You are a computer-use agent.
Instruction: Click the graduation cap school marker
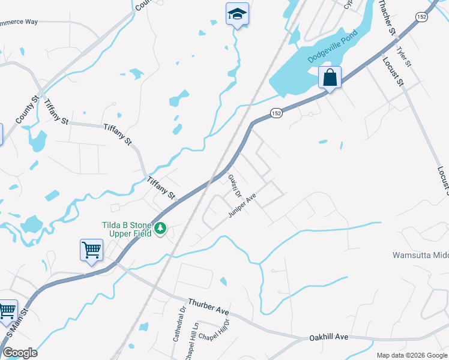point(237,14)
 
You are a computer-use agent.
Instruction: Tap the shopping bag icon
point(330,78)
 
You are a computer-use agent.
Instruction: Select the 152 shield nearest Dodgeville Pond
point(276,113)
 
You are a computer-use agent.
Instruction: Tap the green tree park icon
point(160,229)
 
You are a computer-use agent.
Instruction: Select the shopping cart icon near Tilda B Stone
point(91,250)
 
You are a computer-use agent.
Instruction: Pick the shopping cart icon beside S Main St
point(7,311)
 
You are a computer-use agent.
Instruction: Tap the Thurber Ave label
point(208,307)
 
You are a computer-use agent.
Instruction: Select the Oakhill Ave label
point(328,338)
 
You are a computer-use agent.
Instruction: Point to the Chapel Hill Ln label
point(195,333)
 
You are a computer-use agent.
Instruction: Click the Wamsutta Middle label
point(420,255)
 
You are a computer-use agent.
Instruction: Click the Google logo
point(20,353)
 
